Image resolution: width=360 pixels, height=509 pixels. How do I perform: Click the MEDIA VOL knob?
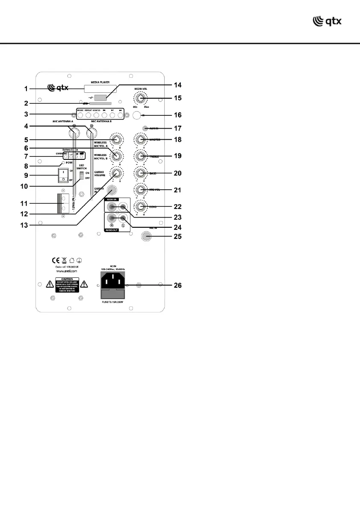[139, 99]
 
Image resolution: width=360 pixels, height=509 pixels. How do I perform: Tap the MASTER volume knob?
[140, 140]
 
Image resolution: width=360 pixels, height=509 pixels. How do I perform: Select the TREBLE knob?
[140, 156]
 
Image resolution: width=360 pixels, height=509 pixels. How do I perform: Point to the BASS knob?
[140, 173]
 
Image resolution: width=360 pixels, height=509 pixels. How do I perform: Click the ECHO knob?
[140, 206]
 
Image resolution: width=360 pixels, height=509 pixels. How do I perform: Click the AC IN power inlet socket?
[113, 281]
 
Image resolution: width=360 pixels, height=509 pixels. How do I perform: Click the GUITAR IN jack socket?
[112, 190]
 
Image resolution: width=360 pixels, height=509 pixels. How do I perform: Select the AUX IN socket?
[146, 128]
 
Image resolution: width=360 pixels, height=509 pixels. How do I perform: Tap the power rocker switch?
[63, 174]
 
